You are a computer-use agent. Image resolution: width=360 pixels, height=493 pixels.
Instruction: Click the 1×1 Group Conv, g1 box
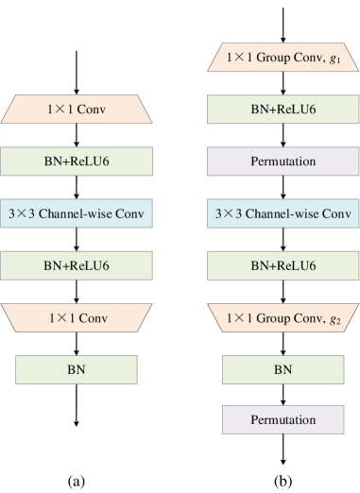point(283,59)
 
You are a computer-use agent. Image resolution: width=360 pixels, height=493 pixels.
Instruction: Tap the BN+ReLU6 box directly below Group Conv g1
point(283,110)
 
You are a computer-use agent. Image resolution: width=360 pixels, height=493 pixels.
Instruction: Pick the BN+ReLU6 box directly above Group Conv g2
point(283,266)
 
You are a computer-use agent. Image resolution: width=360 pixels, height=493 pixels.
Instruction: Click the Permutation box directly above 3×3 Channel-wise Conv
point(283,161)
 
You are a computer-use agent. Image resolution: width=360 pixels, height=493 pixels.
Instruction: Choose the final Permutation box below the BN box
point(283,419)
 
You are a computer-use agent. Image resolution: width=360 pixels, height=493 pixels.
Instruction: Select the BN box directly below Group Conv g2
point(283,368)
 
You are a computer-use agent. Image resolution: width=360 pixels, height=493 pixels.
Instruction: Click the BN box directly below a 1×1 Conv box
point(77,368)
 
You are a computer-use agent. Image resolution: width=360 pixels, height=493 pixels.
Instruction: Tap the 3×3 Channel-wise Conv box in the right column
point(283,213)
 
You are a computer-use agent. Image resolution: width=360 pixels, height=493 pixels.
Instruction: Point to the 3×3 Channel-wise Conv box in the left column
point(77,213)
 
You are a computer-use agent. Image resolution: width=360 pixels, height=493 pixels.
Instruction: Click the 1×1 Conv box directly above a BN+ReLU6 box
point(77,110)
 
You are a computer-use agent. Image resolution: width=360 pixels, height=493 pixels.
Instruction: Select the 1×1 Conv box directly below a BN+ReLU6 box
point(77,317)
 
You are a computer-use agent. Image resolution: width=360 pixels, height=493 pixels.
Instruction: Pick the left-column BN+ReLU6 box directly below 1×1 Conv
point(77,161)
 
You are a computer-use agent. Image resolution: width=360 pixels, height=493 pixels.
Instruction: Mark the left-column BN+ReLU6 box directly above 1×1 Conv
point(77,266)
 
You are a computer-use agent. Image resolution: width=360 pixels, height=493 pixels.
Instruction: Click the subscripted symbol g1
point(334,59)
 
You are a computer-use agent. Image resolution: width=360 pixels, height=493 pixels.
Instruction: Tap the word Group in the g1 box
point(270,59)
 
